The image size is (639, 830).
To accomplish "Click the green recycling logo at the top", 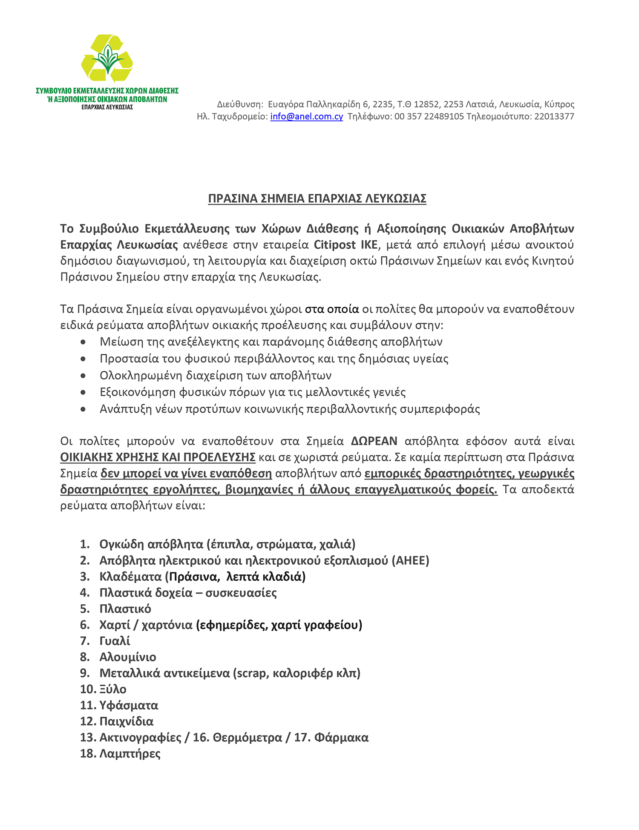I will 107,59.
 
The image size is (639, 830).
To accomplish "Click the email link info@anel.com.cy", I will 306,117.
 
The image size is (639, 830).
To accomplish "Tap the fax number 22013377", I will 554,117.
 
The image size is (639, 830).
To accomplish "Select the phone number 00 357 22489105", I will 429,117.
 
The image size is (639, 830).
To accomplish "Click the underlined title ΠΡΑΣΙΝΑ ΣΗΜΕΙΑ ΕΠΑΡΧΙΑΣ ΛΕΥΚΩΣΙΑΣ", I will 317,199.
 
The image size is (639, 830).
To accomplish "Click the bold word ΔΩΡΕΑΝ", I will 374,441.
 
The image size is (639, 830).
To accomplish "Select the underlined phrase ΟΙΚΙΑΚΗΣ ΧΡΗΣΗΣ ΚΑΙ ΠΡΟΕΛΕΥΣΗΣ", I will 158,457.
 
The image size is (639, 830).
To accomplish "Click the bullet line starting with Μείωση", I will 271,342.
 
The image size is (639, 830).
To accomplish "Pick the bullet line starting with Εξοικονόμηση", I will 253,392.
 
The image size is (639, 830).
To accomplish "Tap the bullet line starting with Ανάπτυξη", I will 290,409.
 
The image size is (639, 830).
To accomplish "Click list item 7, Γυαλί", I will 115,641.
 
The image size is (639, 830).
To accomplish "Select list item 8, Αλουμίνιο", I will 128,657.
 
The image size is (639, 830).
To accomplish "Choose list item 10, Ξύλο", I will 113,689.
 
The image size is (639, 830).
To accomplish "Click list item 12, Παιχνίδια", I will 126,721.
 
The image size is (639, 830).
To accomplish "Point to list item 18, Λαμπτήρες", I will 130,754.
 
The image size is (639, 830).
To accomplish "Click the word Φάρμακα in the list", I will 341,738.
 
